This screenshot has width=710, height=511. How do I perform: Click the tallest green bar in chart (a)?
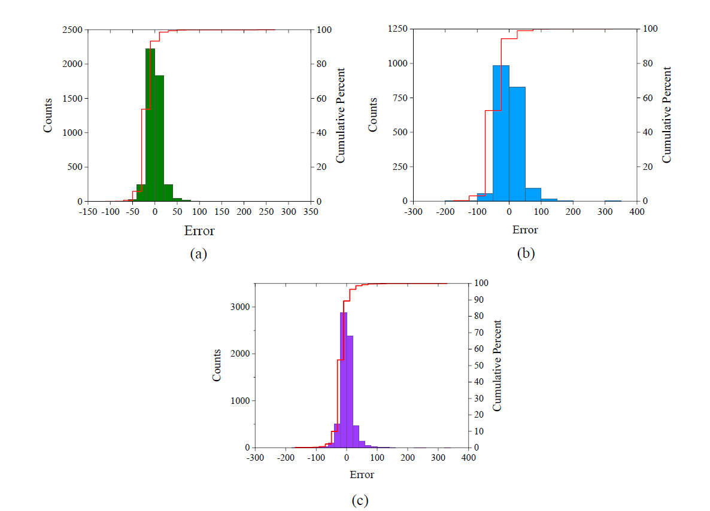click(150, 126)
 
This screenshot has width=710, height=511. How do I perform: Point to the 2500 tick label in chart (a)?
click(74, 30)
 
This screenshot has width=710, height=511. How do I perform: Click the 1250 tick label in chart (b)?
click(399, 29)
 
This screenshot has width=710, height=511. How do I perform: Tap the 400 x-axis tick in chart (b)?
click(637, 212)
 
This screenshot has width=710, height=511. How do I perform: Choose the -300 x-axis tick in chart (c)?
click(255, 458)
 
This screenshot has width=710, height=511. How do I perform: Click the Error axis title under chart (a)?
click(199, 231)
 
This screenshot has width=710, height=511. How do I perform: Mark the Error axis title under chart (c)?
click(362, 475)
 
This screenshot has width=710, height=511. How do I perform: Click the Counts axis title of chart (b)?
click(373, 115)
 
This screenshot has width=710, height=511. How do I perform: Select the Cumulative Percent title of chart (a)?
click(341, 115)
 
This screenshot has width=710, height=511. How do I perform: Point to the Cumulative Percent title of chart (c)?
click(497, 365)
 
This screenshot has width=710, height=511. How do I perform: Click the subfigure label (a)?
click(198, 254)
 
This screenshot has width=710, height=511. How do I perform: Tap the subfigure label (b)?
click(526, 254)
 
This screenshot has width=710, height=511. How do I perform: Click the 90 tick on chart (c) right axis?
click(478, 300)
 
